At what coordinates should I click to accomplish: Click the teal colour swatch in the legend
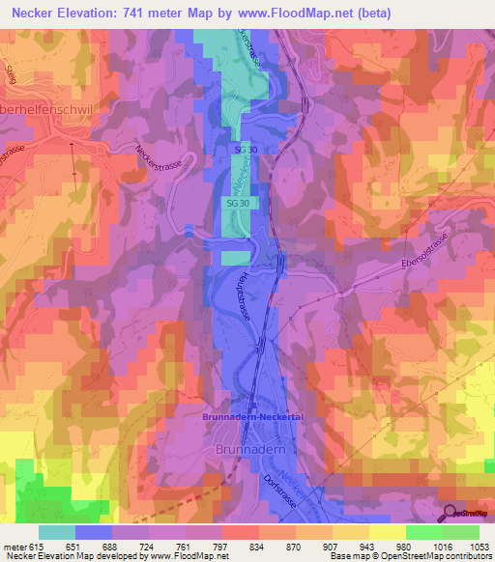pyautogui.click(x=57, y=532)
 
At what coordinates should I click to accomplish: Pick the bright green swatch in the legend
pyautogui.click(x=423, y=532)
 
